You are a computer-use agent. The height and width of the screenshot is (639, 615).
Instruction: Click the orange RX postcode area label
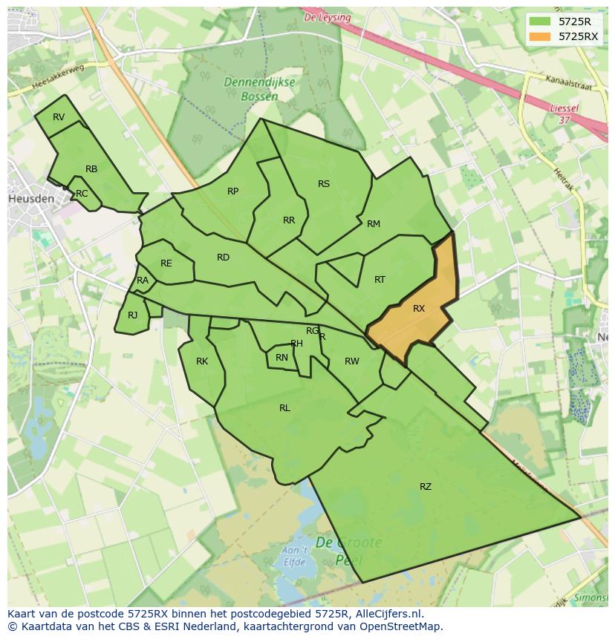click(x=419, y=309)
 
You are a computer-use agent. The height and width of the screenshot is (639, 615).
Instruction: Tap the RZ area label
click(x=425, y=487)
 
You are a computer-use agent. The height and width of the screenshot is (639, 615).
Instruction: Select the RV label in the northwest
click(x=59, y=117)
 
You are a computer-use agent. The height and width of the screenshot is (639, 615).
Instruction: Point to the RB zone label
click(x=91, y=169)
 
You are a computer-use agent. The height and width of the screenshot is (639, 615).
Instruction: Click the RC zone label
click(x=82, y=194)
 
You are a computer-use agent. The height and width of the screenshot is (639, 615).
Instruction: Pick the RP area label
click(x=232, y=191)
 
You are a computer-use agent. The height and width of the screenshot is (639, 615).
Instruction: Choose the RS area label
click(x=323, y=184)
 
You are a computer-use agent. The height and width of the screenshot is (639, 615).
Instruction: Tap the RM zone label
click(x=373, y=224)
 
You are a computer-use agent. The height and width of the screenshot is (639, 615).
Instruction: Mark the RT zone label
click(x=380, y=280)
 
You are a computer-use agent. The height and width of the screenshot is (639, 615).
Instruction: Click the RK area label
click(x=202, y=361)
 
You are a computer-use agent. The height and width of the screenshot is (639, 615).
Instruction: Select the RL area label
click(x=284, y=408)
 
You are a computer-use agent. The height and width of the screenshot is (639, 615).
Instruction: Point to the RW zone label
click(x=351, y=361)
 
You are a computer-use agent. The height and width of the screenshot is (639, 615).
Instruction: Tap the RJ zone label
click(x=132, y=315)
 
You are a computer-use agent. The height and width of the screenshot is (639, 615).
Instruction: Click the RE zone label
click(x=166, y=263)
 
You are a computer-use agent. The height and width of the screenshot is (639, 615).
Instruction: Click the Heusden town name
click(x=31, y=199)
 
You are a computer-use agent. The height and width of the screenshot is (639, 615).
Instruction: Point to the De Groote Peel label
click(x=348, y=550)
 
